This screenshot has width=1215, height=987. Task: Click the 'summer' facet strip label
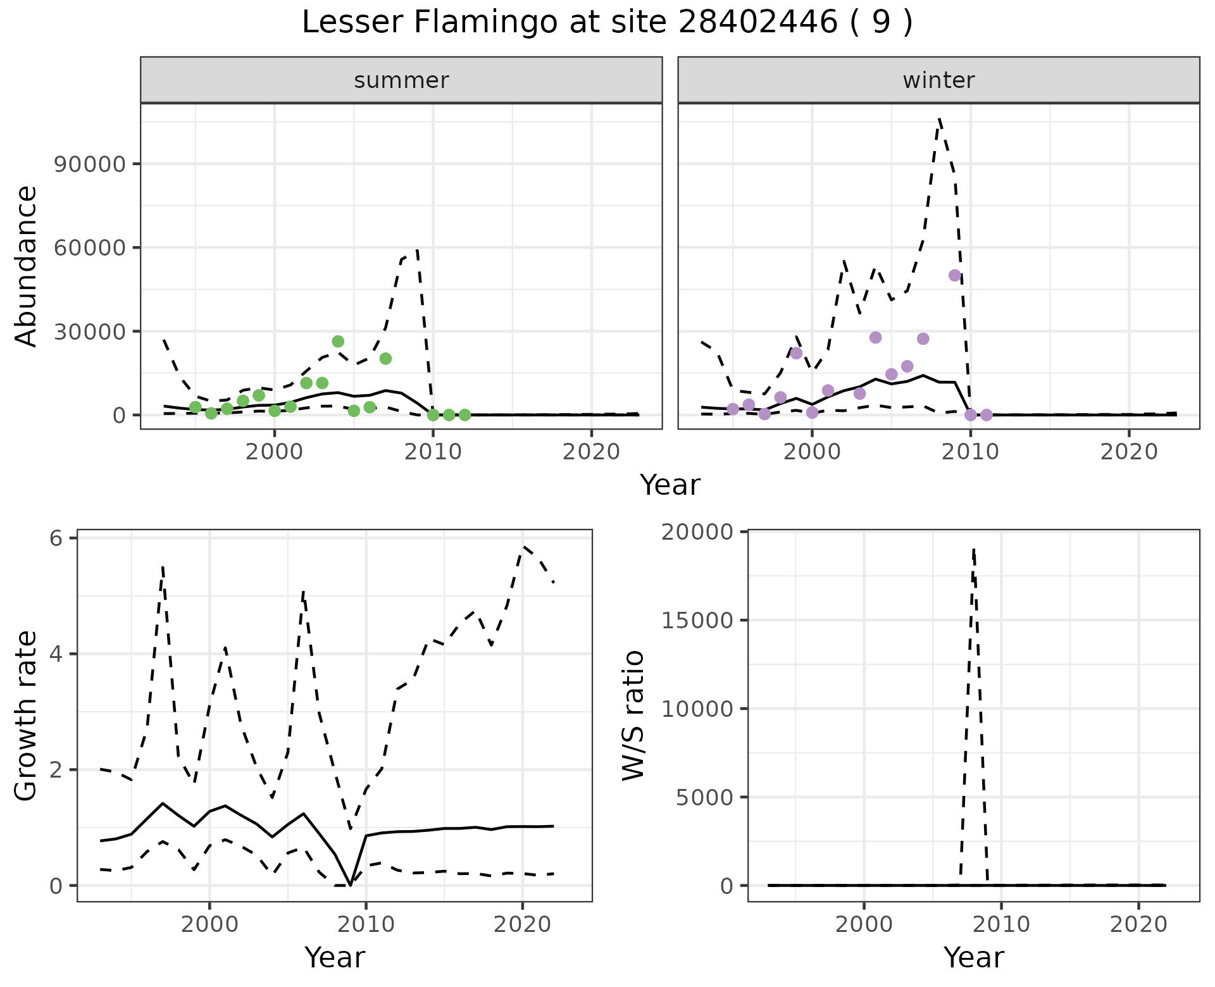pos(401,80)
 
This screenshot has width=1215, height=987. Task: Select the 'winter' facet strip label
pos(938,80)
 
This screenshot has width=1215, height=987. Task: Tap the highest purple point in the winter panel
pos(955,275)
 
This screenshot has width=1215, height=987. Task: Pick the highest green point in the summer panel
pos(338,342)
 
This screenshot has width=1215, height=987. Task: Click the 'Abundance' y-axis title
pos(27,266)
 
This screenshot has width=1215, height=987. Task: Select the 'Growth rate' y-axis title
pos(27,715)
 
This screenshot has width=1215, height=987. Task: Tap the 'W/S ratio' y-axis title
pos(633,715)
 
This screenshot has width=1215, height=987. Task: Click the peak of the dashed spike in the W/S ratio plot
pos(974,549)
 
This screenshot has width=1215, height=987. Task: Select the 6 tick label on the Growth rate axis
pos(56,538)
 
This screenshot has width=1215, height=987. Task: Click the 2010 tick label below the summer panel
pos(433,452)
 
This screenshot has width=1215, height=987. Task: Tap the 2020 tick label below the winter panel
pos(1128,452)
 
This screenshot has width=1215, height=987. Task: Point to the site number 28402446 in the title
pos(758,23)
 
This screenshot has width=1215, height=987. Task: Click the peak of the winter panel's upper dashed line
pos(940,118)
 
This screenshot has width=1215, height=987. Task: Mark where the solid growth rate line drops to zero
pos(351,885)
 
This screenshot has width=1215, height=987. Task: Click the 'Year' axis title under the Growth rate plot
pos(334,957)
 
